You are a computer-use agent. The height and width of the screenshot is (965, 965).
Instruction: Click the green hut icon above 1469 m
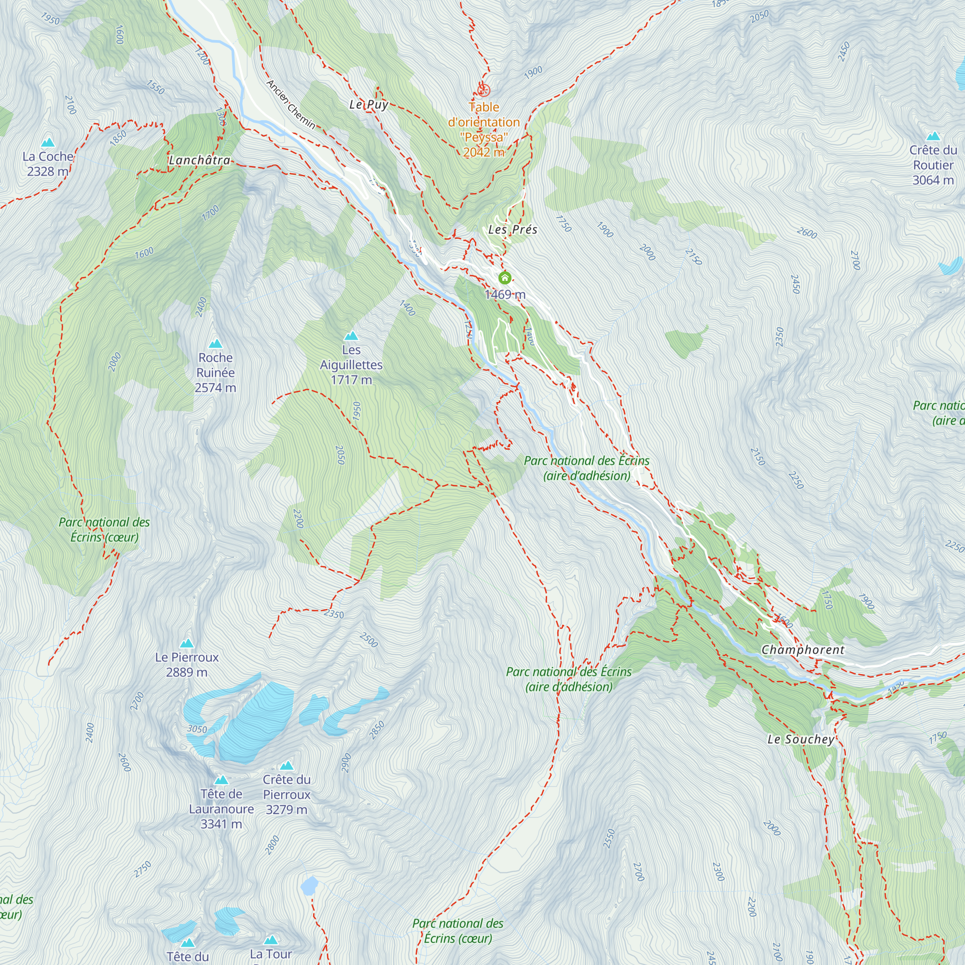coord(505,278)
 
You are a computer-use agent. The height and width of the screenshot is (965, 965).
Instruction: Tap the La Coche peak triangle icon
coord(48,143)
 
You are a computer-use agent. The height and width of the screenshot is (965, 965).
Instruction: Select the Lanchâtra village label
coord(200,160)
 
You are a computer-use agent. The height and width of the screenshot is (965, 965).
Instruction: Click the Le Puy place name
coord(369,104)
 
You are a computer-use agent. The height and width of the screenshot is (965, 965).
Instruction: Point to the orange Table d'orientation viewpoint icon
coord(483,90)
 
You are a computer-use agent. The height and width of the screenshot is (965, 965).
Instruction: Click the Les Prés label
coord(513,230)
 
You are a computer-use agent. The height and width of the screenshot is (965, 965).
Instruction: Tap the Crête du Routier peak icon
coord(933,137)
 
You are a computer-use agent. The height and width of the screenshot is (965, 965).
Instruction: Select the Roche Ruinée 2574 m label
coord(215,372)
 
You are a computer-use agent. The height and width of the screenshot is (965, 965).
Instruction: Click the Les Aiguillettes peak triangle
coord(351,336)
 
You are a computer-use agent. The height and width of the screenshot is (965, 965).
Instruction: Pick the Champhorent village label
coord(803,650)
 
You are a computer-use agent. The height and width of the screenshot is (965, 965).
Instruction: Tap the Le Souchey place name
coord(800,739)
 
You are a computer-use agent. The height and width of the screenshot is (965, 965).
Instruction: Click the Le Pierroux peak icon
coord(187,643)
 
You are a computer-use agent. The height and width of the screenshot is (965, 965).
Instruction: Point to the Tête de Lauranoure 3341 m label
coord(221,809)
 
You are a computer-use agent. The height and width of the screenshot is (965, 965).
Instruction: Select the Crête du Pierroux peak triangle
coord(287,766)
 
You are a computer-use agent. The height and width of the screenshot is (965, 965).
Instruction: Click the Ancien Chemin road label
coord(290,104)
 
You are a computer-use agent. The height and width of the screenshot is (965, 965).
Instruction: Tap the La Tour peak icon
coord(271,940)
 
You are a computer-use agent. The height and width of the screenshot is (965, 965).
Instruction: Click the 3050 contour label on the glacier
coord(197,729)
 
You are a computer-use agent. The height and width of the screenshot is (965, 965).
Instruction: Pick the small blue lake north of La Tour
coord(310,885)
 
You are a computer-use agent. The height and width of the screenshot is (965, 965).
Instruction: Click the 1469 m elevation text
coord(505,295)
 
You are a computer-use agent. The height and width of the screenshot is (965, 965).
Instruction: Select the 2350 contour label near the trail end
coord(334,614)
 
